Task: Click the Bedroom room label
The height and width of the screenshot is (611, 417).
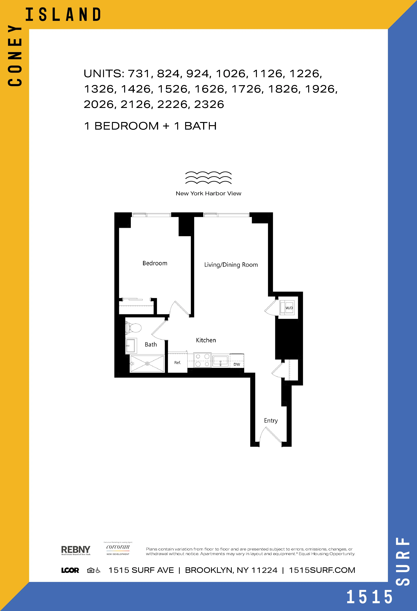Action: pos(155,263)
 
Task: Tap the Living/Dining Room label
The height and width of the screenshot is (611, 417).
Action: pos(231,265)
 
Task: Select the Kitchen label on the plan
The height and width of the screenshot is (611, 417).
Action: pos(206,340)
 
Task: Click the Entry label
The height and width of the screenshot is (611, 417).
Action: pos(271,421)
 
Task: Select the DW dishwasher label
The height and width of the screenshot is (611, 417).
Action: pos(237,364)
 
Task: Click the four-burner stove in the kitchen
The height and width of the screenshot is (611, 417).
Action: pos(202,360)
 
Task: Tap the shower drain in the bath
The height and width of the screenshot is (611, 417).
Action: pos(147,364)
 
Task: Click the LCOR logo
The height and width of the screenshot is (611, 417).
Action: pos(70,570)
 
